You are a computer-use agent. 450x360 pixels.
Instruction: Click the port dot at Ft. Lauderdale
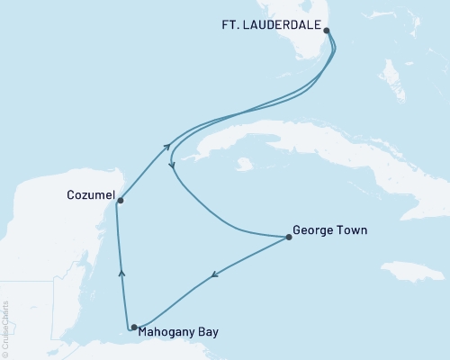point(327,31)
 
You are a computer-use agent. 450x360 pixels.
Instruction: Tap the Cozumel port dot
point(120,201)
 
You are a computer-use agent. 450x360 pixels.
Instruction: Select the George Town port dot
point(288,238)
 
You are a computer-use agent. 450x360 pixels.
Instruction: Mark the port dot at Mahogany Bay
point(134,328)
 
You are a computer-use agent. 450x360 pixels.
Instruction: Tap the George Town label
point(330,229)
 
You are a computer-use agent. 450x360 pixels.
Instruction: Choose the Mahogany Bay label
point(180,331)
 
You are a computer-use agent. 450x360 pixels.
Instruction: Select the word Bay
point(207,331)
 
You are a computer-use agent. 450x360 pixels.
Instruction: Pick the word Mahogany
point(168,331)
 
